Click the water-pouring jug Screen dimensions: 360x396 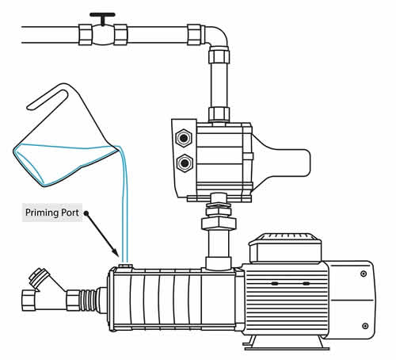pyautogui.click(x=63, y=143)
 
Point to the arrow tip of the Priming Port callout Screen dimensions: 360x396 pyautogui.click(x=120, y=259)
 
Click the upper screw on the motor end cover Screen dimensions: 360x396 pyautogui.click(x=364, y=274)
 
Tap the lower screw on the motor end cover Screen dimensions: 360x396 pyautogui.click(x=364, y=325)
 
